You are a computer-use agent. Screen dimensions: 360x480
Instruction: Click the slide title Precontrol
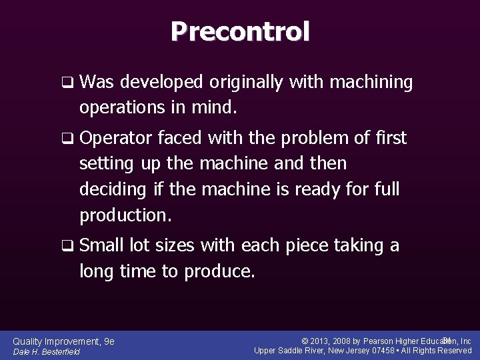pos(240,31)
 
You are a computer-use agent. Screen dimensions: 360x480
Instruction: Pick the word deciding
pos(112,189)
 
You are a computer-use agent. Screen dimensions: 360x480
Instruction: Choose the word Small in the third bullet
pos(99,246)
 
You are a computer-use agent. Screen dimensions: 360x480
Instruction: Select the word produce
pos(221,271)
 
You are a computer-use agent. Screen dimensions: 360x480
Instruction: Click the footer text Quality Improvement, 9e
pos(64,341)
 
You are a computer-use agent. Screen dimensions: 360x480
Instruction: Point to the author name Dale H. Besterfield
pos(47,352)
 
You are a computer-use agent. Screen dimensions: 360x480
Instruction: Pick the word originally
pos(244,83)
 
